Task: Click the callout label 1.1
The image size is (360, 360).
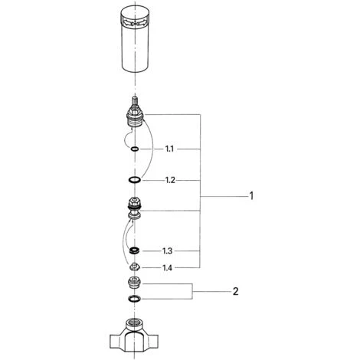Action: [169, 149]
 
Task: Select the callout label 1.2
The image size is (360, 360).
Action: [170, 181]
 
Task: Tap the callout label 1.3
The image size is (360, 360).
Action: [168, 251]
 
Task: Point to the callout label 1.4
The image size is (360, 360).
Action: [168, 268]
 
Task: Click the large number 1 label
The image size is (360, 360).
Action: [251, 196]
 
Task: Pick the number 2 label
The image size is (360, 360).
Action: [235, 291]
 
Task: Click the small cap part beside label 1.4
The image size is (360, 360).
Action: [135, 267]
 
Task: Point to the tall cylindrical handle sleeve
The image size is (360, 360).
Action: [135, 39]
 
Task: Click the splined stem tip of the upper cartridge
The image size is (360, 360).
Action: [135, 100]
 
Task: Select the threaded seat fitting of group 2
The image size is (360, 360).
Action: [135, 283]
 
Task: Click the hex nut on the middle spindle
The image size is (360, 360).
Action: [135, 201]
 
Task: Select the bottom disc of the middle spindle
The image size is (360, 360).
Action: [135, 216]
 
